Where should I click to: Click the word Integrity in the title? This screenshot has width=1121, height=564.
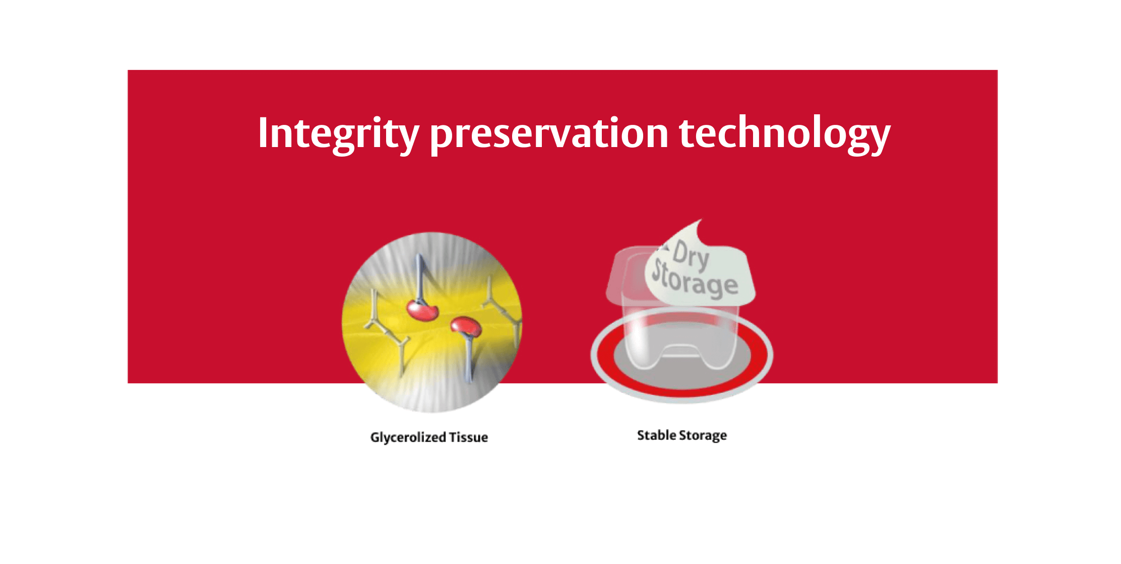[338, 133]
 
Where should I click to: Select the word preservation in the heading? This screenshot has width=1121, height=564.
[548, 134]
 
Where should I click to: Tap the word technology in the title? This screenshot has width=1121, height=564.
[784, 134]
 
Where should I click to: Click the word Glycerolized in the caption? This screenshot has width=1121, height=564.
[408, 437]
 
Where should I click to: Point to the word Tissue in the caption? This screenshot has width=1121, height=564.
[468, 437]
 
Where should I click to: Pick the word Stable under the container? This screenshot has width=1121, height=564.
[656, 435]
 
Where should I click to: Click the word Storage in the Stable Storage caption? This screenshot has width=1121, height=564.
[703, 436]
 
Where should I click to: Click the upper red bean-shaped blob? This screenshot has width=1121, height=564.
[422, 310]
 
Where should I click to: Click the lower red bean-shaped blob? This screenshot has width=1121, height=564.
[466, 327]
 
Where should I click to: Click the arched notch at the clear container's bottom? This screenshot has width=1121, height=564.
[680, 350]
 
